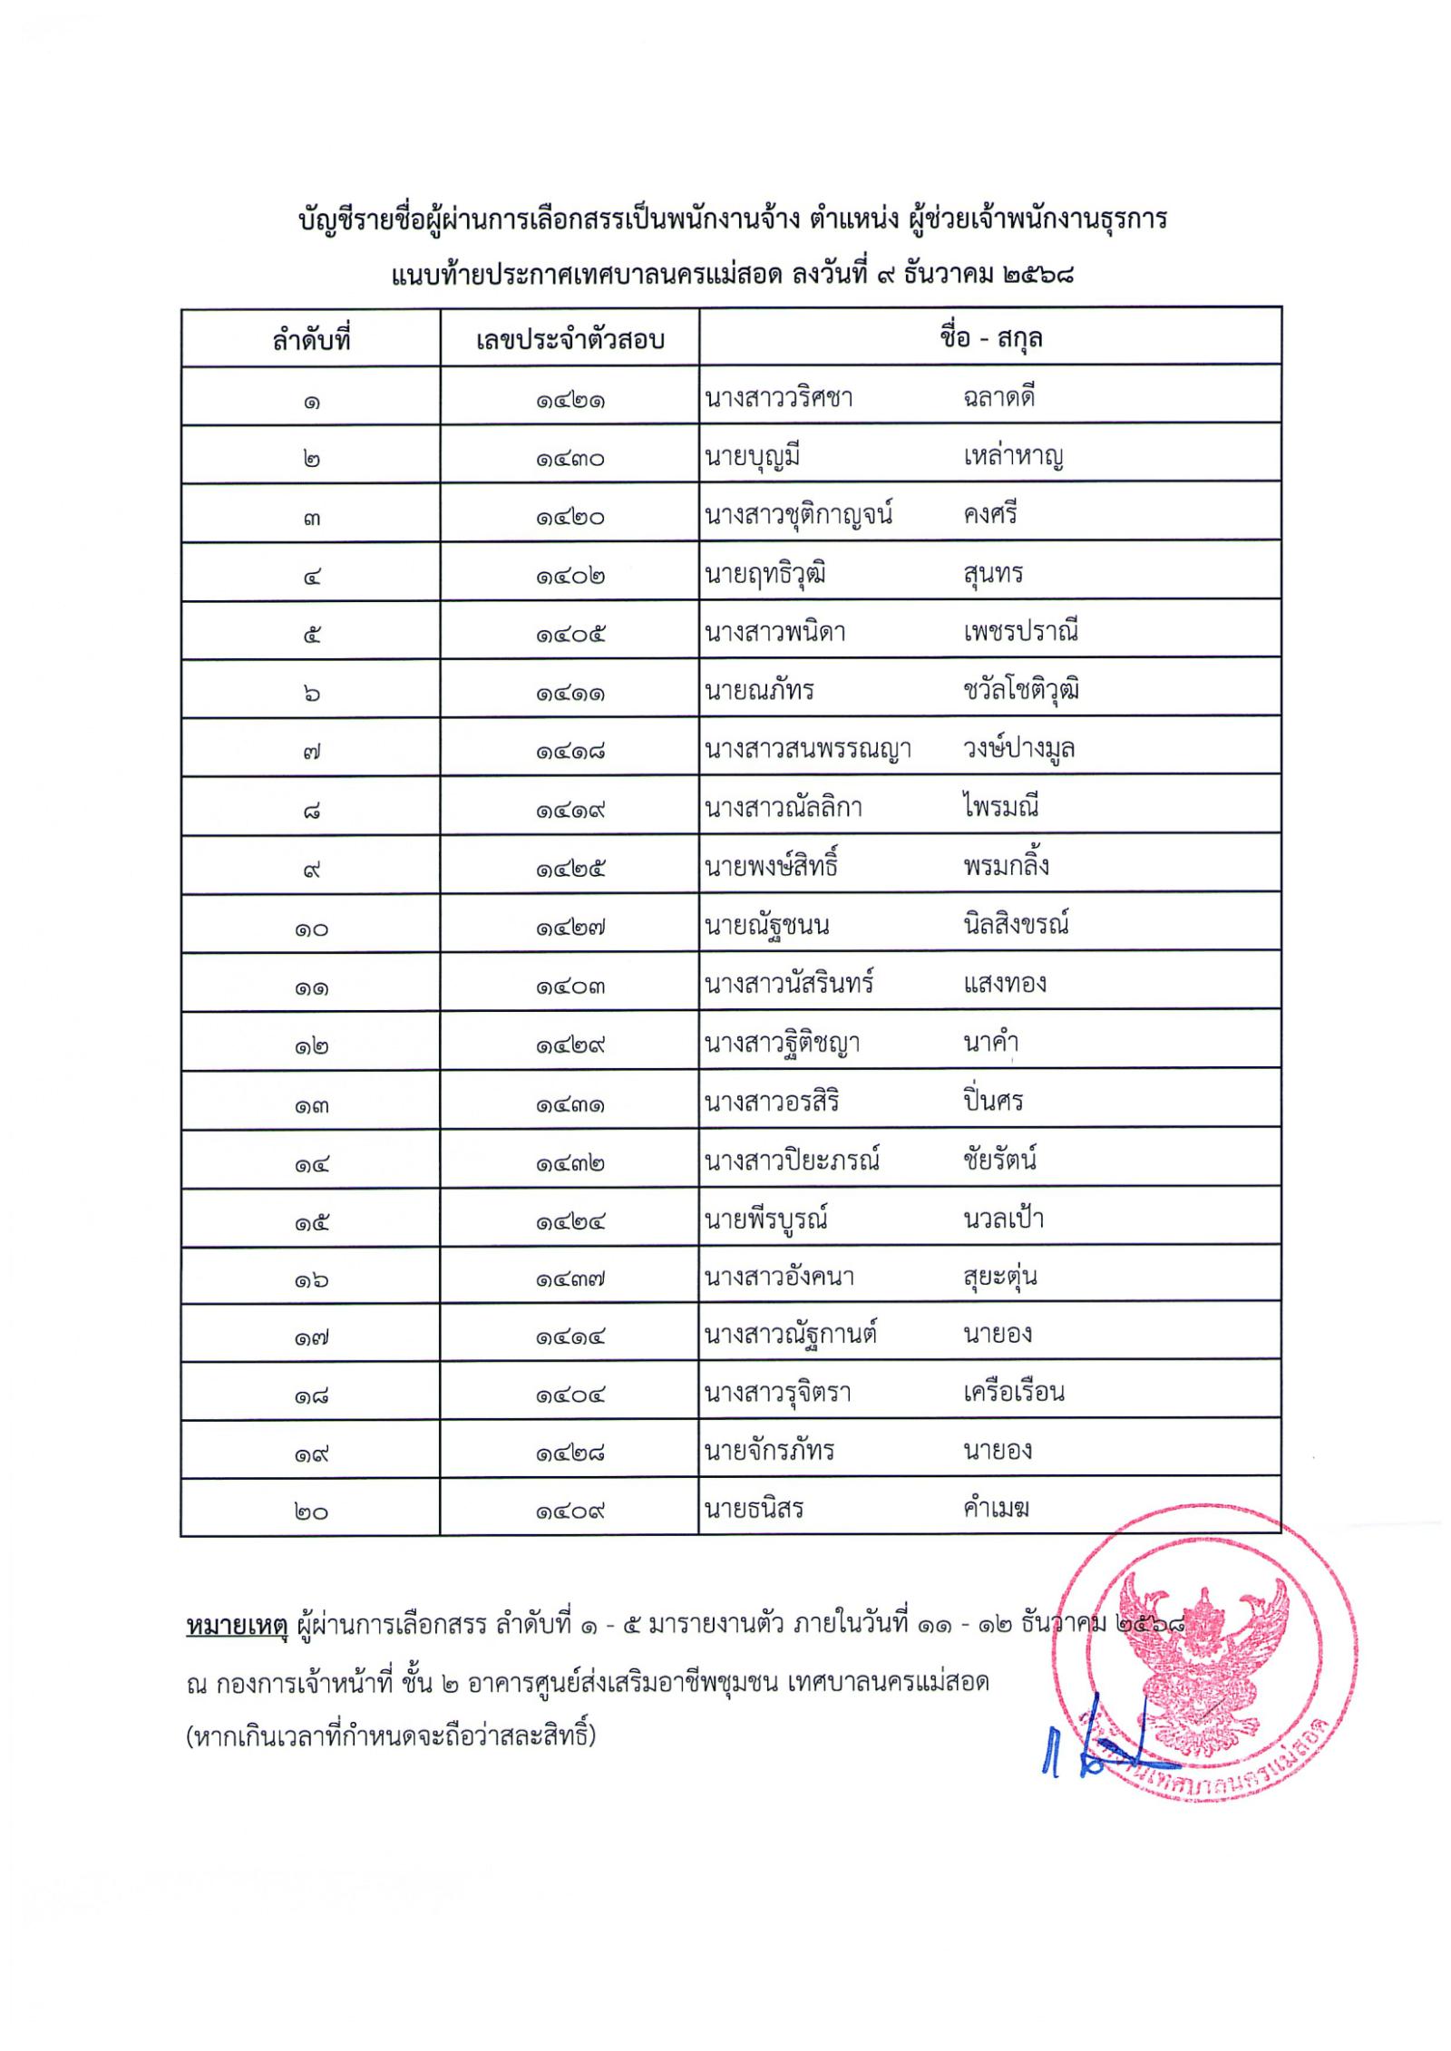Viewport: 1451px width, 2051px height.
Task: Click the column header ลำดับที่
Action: click(x=310, y=340)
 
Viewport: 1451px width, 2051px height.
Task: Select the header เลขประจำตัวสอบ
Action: click(x=570, y=340)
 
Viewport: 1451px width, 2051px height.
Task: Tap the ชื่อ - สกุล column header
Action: click(x=990, y=338)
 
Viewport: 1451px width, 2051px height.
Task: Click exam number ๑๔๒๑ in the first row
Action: click(x=570, y=400)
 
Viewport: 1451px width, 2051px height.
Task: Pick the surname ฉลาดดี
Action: click(x=999, y=397)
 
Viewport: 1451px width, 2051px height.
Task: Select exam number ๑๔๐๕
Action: click(x=570, y=634)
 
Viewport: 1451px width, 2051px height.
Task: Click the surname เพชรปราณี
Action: click(x=1020, y=631)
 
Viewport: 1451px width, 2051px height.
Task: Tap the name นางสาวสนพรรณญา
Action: click(x=808, y=749)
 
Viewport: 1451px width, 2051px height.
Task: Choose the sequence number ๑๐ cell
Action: click(x=310, y=928)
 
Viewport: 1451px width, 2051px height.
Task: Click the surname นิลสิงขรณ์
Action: click(x=1017, y=925)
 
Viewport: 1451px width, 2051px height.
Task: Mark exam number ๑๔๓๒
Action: click(x=570, y=1163)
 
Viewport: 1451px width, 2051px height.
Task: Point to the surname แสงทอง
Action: click(x=1005, y=984)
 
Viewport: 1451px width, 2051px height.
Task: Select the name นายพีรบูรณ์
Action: click(x=766, y=1219)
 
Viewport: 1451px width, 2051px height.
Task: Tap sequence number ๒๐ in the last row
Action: click(x=310, y=1512)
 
